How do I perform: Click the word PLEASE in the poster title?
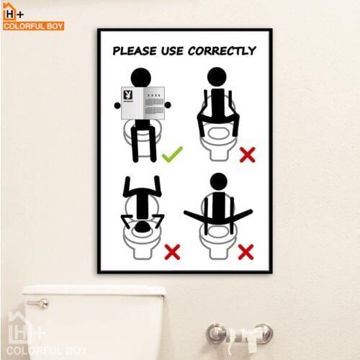137,51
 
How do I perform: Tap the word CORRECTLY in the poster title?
222,51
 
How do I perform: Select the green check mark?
171,153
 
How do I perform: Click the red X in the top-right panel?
248,153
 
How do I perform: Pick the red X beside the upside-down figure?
171,251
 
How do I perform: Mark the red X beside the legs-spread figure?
246,251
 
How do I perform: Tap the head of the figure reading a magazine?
141,77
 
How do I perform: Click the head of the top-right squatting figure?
217,77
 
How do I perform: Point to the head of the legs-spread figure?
218,181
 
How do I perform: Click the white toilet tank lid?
94,292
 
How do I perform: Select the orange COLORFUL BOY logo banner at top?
33,26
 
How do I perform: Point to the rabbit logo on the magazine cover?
127,95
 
